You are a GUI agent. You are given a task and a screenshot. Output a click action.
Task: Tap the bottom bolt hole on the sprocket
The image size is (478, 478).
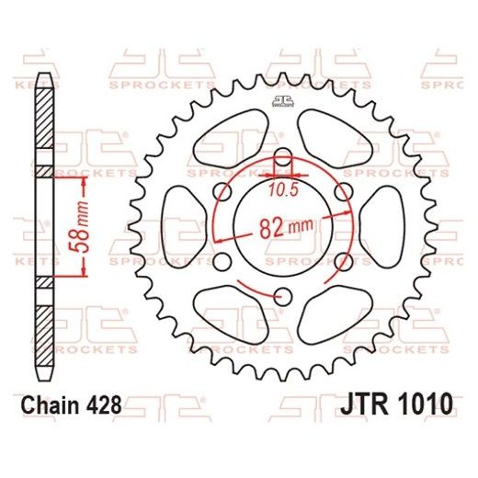(x=283, y=295)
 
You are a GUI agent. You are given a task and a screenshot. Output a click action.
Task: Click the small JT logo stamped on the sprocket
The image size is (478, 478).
(x=282, y=100)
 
